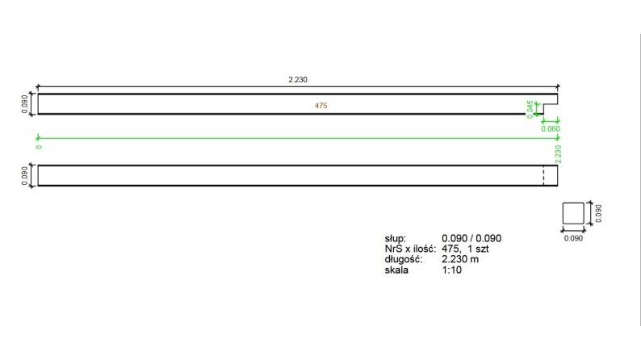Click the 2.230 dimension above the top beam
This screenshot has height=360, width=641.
[x=298, y=80]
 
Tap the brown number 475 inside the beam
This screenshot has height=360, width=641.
[x=320, y=106]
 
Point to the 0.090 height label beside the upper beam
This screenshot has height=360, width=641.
[x=24, y=104]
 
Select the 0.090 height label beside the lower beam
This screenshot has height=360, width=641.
[x=24, y=175]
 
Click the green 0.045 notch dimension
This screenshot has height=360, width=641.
[x=530, y=108]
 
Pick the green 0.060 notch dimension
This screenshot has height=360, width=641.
[x=551, y=128]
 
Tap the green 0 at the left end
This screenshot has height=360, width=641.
[x=38, y=146]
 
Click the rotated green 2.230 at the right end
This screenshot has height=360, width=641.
[x=558, y=153]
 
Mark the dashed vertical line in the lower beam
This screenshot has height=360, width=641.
[x=543, y=175]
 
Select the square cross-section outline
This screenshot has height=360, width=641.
[x=572, y=213]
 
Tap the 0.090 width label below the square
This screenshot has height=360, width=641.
[x=572, y=239]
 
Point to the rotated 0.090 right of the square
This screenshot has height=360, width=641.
[x=598, y=213]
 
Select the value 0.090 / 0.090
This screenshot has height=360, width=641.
[x=471, y=239]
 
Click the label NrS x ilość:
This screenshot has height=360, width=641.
[x=411, y=249]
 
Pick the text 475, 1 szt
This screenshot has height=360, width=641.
[x=465, y=249]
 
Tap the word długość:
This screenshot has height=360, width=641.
[x=404, y=260]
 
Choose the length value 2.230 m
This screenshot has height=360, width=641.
[x=460, y=260]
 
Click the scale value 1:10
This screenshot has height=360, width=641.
[x=452, y=270]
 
